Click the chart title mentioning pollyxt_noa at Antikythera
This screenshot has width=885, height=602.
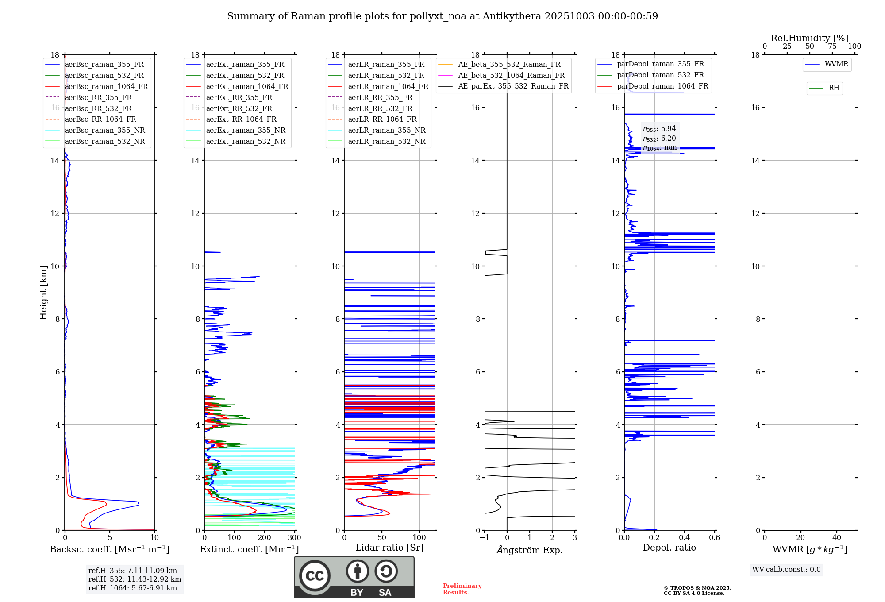tap(442, 16)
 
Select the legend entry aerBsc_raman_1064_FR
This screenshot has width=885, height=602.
tap(106, 86)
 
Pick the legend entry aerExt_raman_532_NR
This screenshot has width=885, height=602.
tap(246, 141)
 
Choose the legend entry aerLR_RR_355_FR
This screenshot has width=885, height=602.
tap(380, 97)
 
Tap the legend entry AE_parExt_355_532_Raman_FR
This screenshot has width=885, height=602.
tap(513, 86)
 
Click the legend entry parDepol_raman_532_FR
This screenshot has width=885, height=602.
tap(660, 75)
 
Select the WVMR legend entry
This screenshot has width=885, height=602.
tap(836, 64)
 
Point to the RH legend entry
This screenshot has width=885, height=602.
tap(834, 88)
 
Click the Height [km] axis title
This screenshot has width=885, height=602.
tap(43, 292)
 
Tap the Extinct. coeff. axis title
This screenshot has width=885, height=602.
tap(250, 549)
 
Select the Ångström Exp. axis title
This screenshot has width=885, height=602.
tap(530, 550)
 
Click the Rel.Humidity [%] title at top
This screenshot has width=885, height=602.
tap(809, 38)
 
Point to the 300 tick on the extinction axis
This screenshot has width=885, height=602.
tap(294, 538)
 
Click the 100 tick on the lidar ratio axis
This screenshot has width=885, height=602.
tap(419, 538)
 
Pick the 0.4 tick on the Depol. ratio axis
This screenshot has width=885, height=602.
tap(685, 538)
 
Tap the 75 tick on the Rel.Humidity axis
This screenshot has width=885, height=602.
tap(832, 46)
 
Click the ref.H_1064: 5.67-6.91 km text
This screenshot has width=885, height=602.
tap(133, 588)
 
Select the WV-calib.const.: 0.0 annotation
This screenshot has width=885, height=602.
tap(786, 570)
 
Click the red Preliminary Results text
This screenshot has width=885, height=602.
tap(462, 589)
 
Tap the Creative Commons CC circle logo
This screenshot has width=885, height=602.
tap(315, 576)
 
